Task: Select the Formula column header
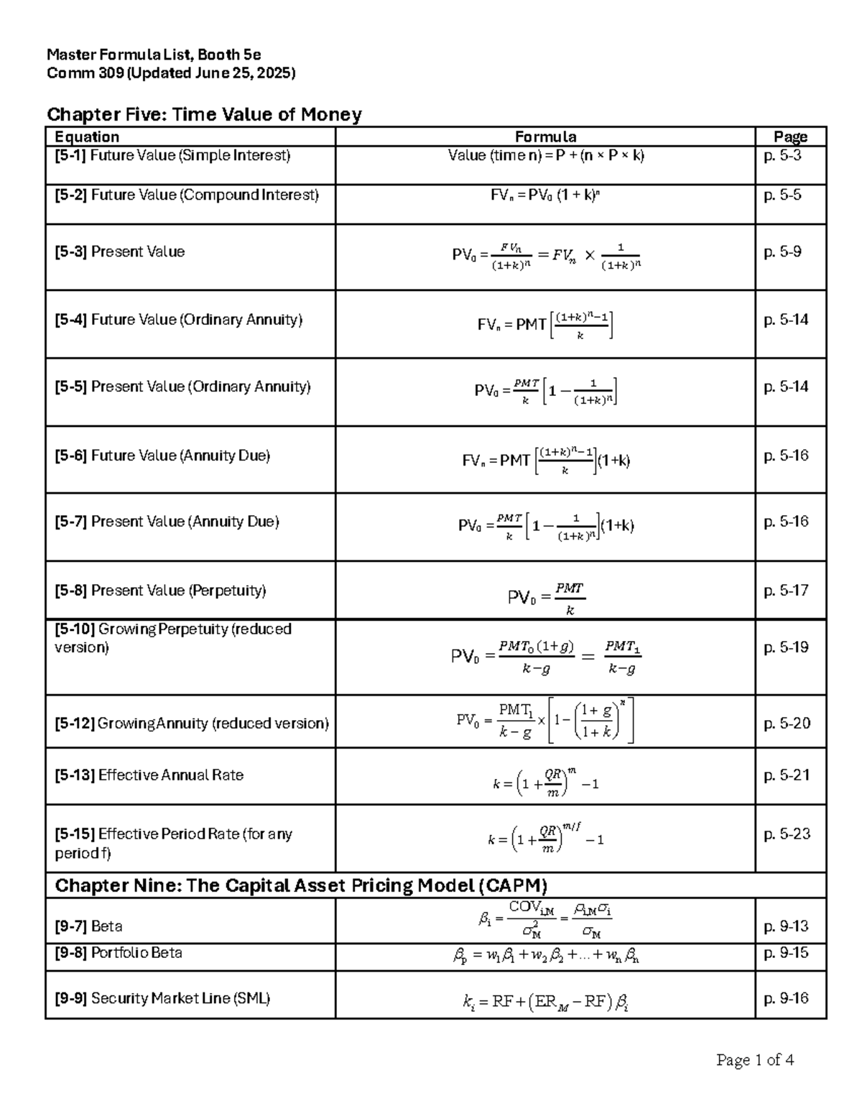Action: pos(545,137)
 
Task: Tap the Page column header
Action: pos(790,137)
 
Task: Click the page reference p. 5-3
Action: pos(782,155)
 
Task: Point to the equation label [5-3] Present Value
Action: pos(120,252)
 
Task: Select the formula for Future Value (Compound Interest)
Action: pos(545,195)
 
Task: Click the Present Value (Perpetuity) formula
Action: pos(546,598)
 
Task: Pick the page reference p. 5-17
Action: pos(786,591)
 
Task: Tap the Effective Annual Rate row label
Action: pos(149,775)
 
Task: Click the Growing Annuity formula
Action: pos(545,721)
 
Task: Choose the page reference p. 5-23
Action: pos(787,834)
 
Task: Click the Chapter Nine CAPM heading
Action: pos(301,885)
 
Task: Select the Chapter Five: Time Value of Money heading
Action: pos(204,114)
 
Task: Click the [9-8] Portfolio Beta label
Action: pos(119,953)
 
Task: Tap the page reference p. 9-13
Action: pos(786,926)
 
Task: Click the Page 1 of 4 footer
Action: pos(755,1060)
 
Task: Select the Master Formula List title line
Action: pos(154,55)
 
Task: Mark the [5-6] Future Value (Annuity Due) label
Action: pos(162,456)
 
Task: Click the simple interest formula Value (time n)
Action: pos(545,155)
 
